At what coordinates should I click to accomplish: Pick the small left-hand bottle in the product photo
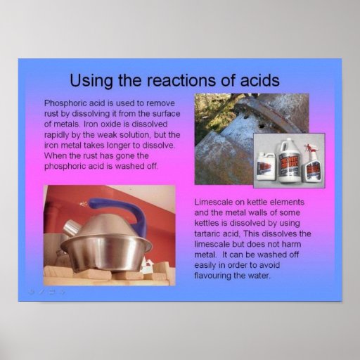tap(268, 166)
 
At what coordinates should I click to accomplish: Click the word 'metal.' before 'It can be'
tap(207, 257)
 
